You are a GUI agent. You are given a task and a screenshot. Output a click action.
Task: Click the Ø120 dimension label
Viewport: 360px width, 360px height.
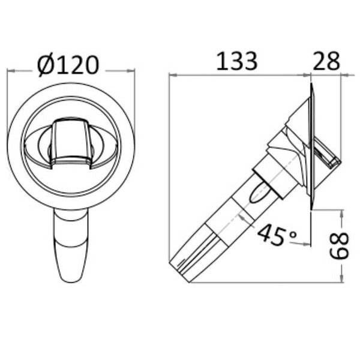[67, 64]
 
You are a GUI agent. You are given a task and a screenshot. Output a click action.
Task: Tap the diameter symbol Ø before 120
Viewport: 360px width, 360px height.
[46, 65]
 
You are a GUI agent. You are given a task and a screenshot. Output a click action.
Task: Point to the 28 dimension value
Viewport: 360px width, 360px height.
[326, 60]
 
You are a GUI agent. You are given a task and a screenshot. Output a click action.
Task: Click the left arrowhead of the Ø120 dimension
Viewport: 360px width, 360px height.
[10, 71]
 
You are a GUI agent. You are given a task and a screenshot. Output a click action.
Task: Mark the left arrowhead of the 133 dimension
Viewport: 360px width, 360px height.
[173, 75]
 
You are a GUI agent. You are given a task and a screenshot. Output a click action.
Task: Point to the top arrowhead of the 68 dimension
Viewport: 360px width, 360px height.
[341, 212]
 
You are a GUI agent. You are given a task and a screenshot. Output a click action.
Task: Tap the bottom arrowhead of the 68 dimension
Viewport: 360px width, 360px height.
[341, 280]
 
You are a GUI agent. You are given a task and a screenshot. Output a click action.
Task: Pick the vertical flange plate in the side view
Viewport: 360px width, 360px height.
[311, 147]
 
